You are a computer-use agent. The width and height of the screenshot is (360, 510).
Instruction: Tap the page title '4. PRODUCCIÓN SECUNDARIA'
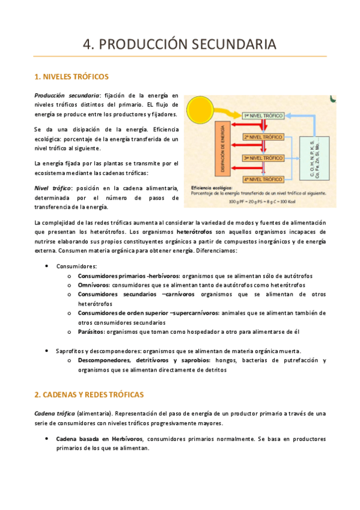point(180,44)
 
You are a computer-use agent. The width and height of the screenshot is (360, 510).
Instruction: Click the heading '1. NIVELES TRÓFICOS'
point(72,76)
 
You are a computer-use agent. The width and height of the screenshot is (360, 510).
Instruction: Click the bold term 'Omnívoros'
point(94,285)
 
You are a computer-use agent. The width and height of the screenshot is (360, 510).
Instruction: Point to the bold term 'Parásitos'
point(90,331)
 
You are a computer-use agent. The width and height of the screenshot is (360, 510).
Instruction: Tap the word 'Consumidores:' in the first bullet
point(76,266)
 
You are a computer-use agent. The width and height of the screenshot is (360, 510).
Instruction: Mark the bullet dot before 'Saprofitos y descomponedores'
point(47,351)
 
